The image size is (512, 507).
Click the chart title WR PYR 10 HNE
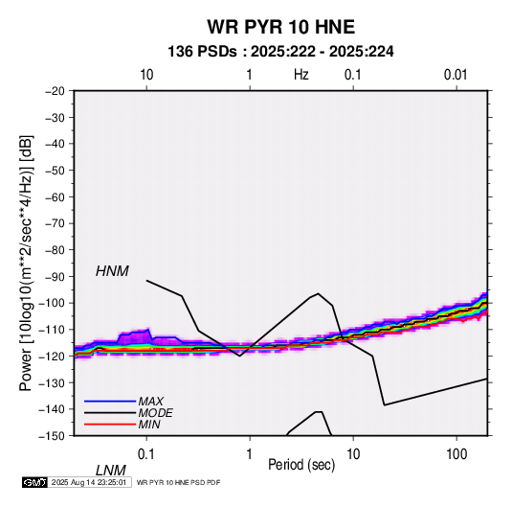coord(280,27)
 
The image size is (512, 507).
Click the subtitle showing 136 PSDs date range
coord(280,52)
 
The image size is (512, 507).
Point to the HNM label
coord(112,271)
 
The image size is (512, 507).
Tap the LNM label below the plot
coord(111,471)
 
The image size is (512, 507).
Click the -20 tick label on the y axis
coord(55,91)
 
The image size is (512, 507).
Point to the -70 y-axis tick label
coord(55,223)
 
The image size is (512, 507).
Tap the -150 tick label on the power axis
coord(52,436)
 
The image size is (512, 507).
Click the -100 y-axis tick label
coord(52,303)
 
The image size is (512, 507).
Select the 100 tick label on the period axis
coord(456,454)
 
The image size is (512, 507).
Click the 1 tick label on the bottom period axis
coord(250,454)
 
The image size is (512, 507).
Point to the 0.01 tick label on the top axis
coord(456,75)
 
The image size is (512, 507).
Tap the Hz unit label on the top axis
coord(301,75)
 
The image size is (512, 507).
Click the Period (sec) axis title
coord(301,465)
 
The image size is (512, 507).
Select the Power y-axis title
coord(26,263)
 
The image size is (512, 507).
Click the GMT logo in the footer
coord(35,482)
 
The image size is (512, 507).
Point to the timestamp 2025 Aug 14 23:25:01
coord(89,482)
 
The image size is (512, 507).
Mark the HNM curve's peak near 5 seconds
coord(319,293)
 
